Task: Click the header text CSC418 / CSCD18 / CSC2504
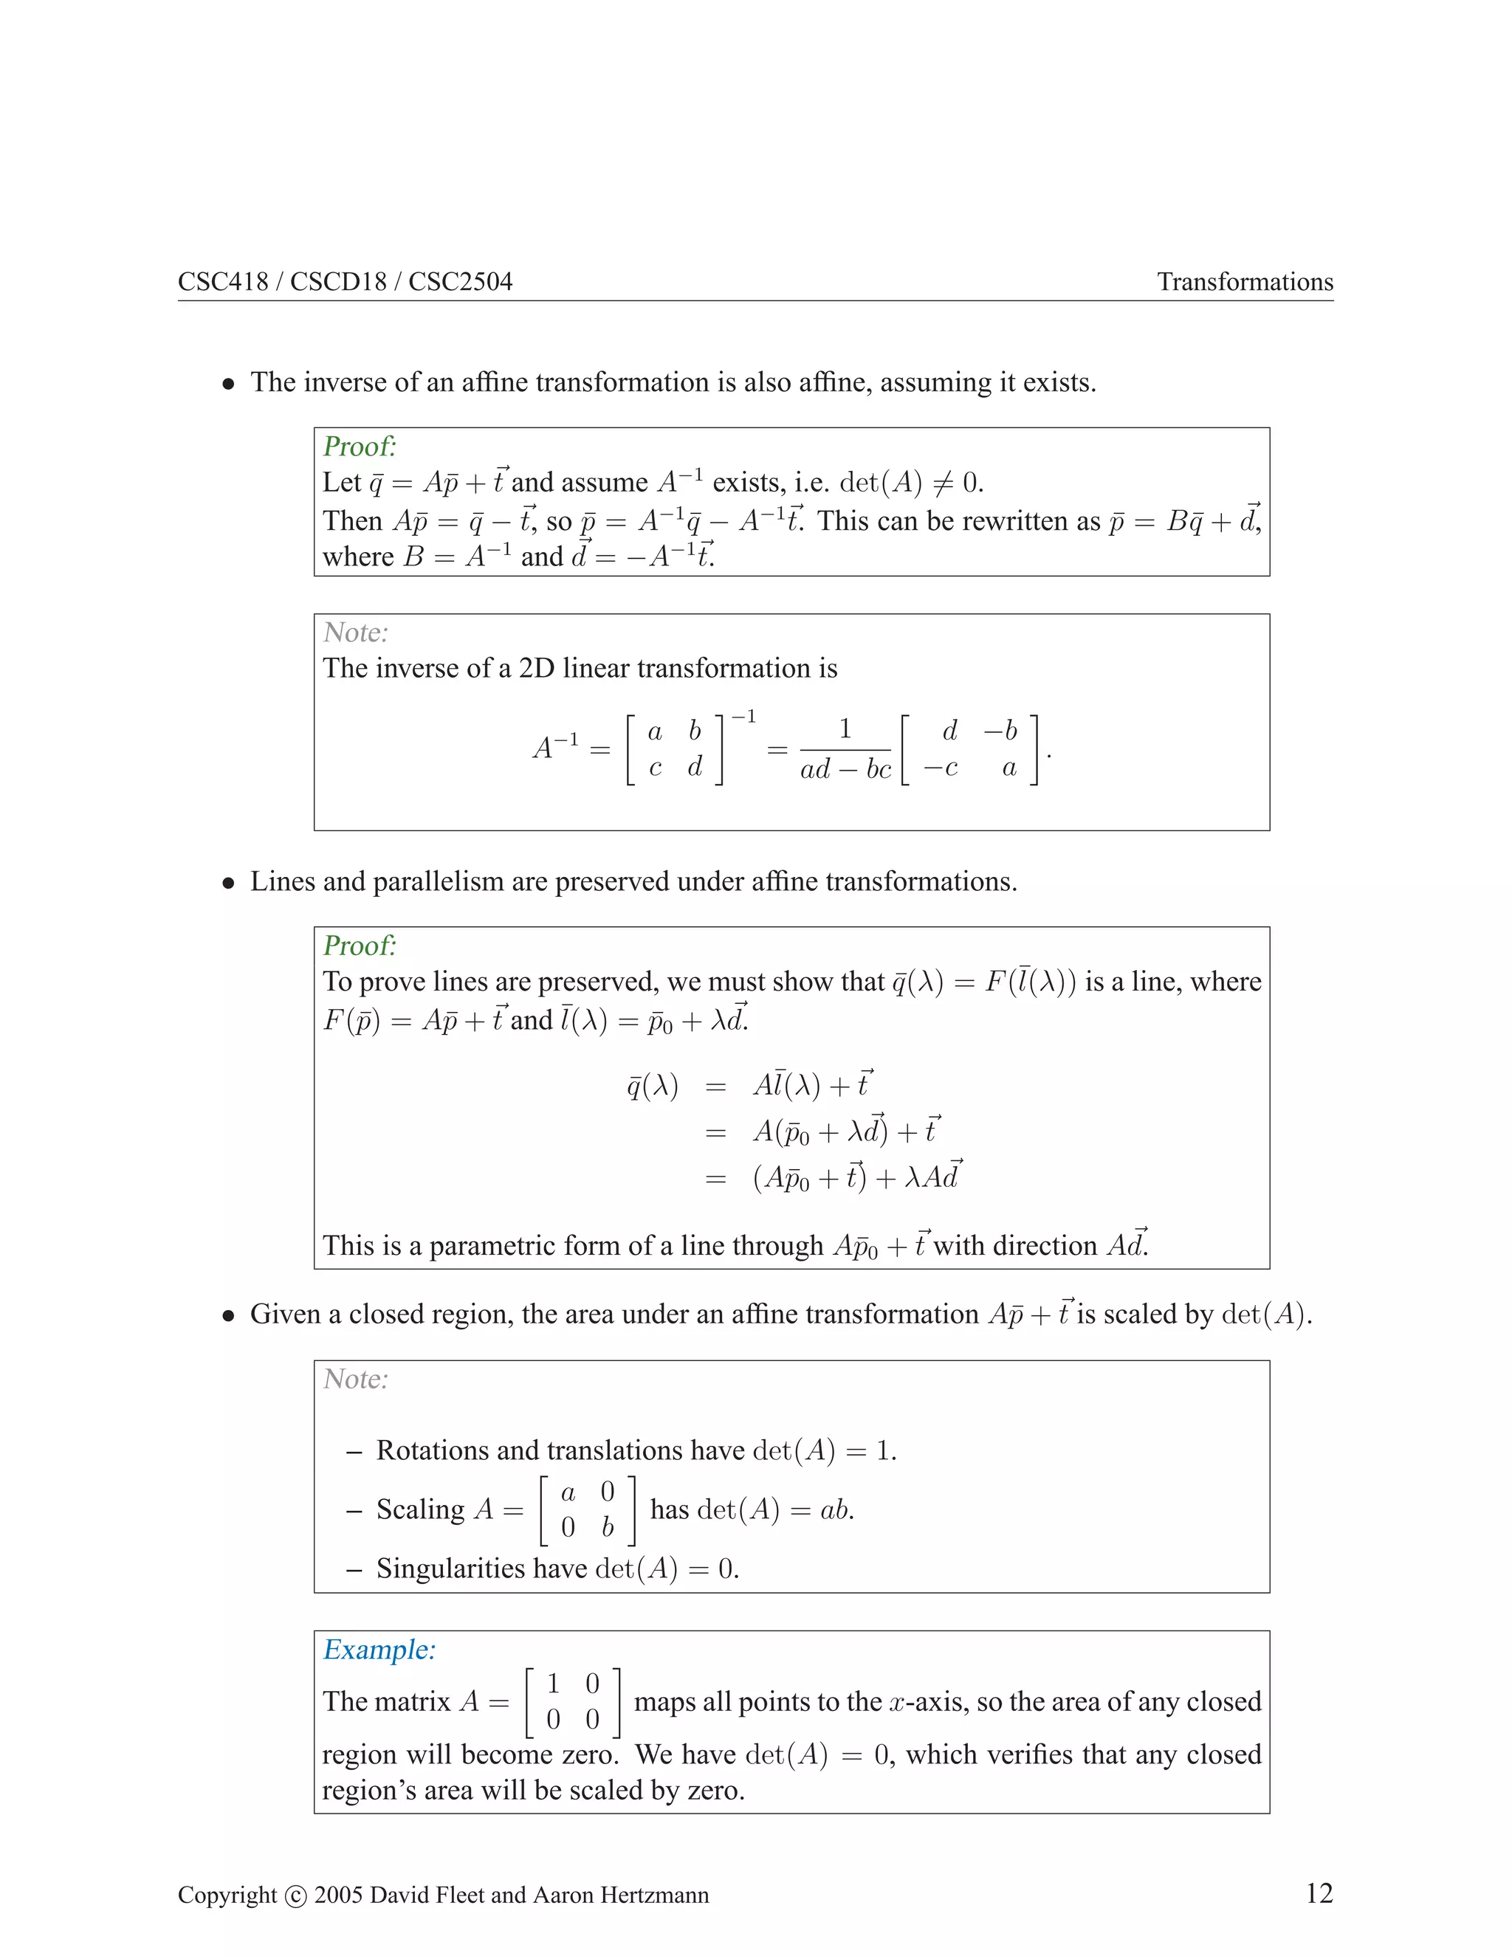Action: coord(345,282)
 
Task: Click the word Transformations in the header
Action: coord(1244,282)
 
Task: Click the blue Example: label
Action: coord(379,1650)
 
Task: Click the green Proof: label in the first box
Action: coord(360,446)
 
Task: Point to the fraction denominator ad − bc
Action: coord(845,769)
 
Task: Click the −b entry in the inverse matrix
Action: coord(1000,731)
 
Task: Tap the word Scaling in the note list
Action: coord(420,1509)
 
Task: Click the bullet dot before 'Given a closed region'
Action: coord(230,1315)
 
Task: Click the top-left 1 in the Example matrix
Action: coord(553,1684)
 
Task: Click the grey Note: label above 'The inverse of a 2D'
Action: coord(356,633)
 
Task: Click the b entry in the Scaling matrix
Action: coord(608,1527)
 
